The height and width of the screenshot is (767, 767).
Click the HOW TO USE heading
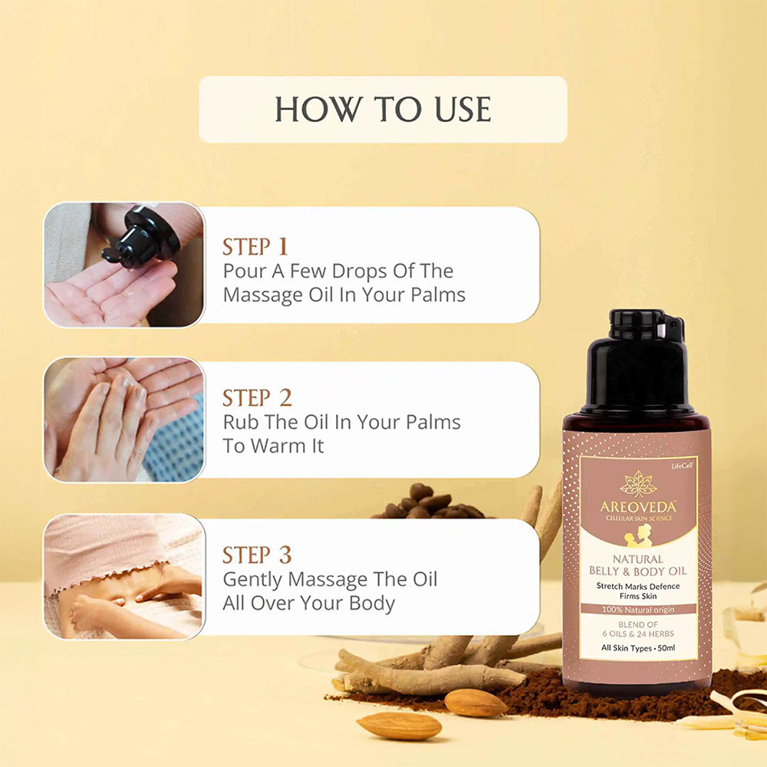[383, 109]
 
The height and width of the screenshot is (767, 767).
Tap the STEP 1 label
[255, 246]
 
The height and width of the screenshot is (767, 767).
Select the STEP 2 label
[257, 397]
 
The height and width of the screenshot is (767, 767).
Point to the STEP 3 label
[257, 555]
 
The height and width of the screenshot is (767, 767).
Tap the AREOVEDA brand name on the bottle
[637, 507]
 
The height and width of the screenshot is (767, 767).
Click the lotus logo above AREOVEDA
[638, 483]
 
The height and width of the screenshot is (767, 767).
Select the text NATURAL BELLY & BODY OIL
[637, 565]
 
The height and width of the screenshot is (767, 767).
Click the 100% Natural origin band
[637, 609]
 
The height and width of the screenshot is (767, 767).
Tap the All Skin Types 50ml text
[637, 649]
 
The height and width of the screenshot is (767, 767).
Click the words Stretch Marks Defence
[637, 586]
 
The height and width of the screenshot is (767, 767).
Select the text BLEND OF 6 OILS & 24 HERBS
[637, 629]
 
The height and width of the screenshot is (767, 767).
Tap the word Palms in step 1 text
[436, 295]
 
